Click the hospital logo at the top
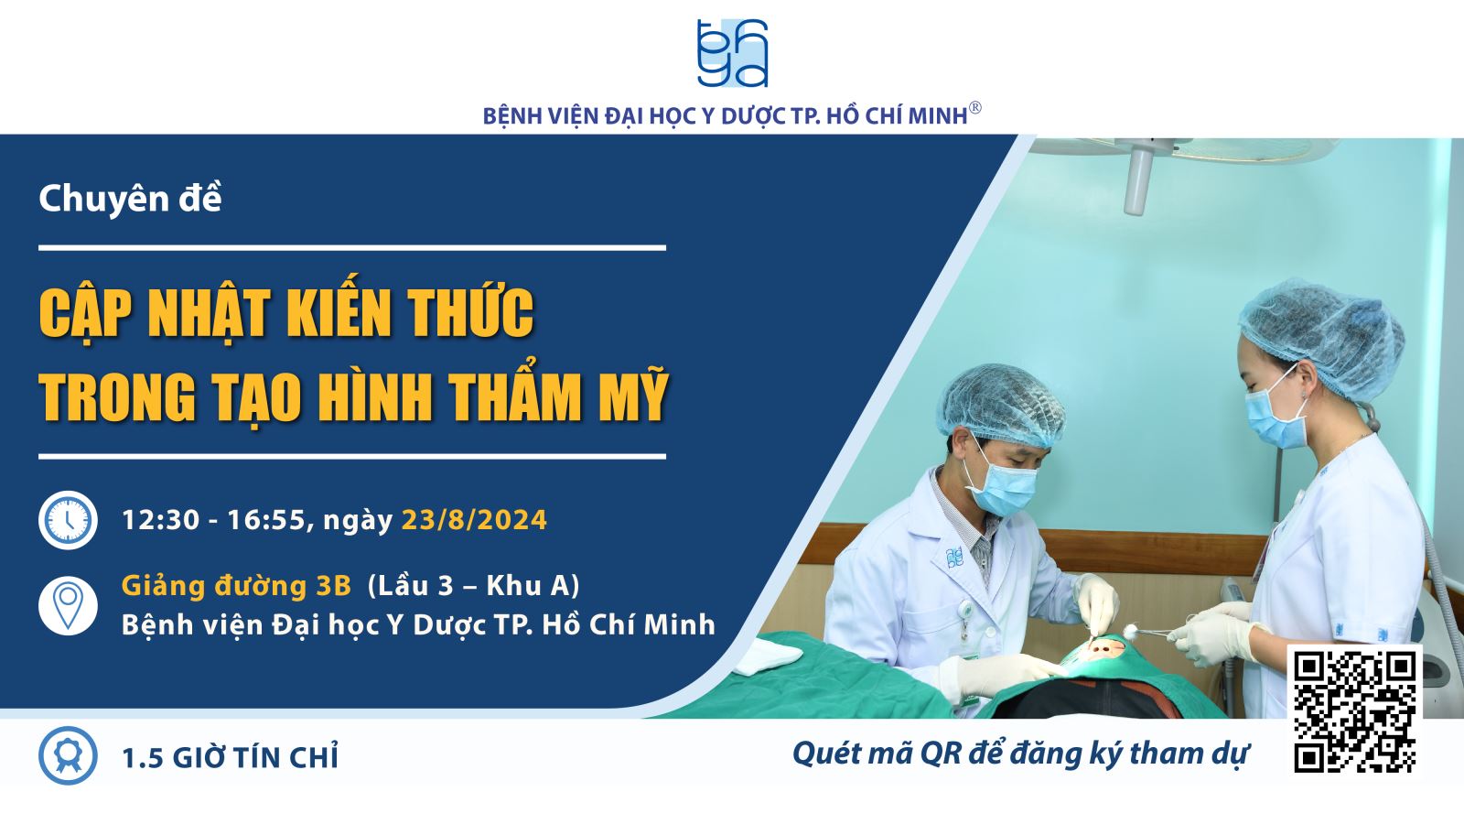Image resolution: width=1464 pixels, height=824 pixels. (x=732, y=54)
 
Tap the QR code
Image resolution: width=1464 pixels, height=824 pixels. (x=1355, y=712)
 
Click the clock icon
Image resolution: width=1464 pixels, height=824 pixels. (x=68, y=520)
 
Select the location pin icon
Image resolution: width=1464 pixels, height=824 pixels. (x=68, y=605)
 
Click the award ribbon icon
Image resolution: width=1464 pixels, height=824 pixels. (x=68, y=755)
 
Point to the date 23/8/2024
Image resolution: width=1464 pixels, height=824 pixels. (x=474, y=521)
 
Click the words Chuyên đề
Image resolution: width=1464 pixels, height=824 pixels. (x=130, y=198)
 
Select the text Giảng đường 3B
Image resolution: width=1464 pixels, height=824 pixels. (x=237, y=585)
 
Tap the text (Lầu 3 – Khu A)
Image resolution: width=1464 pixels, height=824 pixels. (x=474, y=586)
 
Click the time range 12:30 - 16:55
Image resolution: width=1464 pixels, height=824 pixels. (x=213, y=521)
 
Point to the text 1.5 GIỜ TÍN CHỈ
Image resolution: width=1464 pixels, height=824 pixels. (x=230, y=757)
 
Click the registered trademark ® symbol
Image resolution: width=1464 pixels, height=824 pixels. (x=974, y=108)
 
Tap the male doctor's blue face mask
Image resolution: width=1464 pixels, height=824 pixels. (x=1002, y=487)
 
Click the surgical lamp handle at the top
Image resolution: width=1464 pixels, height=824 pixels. (x=1138, y=179)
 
